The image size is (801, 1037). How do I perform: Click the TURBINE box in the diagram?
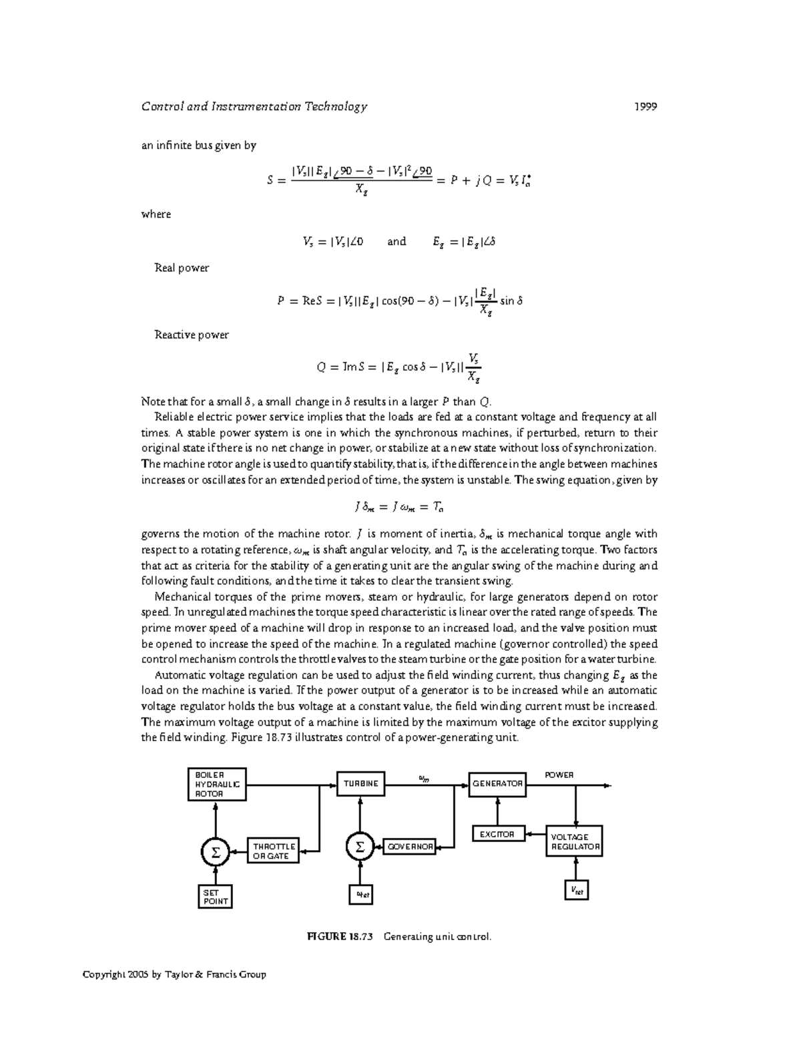point(360,784)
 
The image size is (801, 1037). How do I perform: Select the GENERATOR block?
point(497,784)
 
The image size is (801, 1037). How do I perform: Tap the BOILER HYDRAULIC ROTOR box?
point(216,785)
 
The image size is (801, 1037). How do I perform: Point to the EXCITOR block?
point(497,834)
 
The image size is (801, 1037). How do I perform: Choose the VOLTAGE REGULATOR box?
point(575,841)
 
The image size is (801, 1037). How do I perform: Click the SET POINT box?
point(216,897)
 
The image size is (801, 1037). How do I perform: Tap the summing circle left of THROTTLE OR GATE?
point(215,852)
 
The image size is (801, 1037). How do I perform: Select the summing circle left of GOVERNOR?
point(360,847)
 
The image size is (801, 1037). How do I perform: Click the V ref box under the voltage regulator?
point(576,890)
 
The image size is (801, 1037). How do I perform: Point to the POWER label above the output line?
point(559,775)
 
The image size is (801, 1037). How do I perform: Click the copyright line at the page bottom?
point(174,974)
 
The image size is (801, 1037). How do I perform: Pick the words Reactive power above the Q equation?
point(192,335)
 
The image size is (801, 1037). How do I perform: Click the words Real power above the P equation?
point(182,268)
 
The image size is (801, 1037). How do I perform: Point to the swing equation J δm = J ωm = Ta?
point(400,507)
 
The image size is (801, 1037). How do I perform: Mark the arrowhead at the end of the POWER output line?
point(607,786)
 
